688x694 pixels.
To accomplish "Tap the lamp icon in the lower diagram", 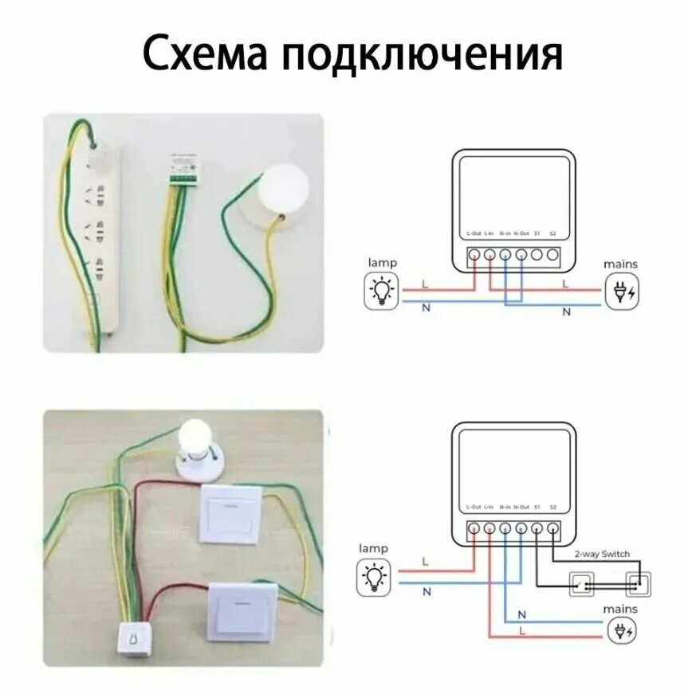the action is [x=379, y=576].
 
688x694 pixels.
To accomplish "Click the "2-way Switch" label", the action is [x=603, y=554].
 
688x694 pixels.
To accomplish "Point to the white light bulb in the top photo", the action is [x=285, y=186].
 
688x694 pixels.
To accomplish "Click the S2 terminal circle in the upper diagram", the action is [x=552, y=256].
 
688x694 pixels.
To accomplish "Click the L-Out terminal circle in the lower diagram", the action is [x=473, y=528].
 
